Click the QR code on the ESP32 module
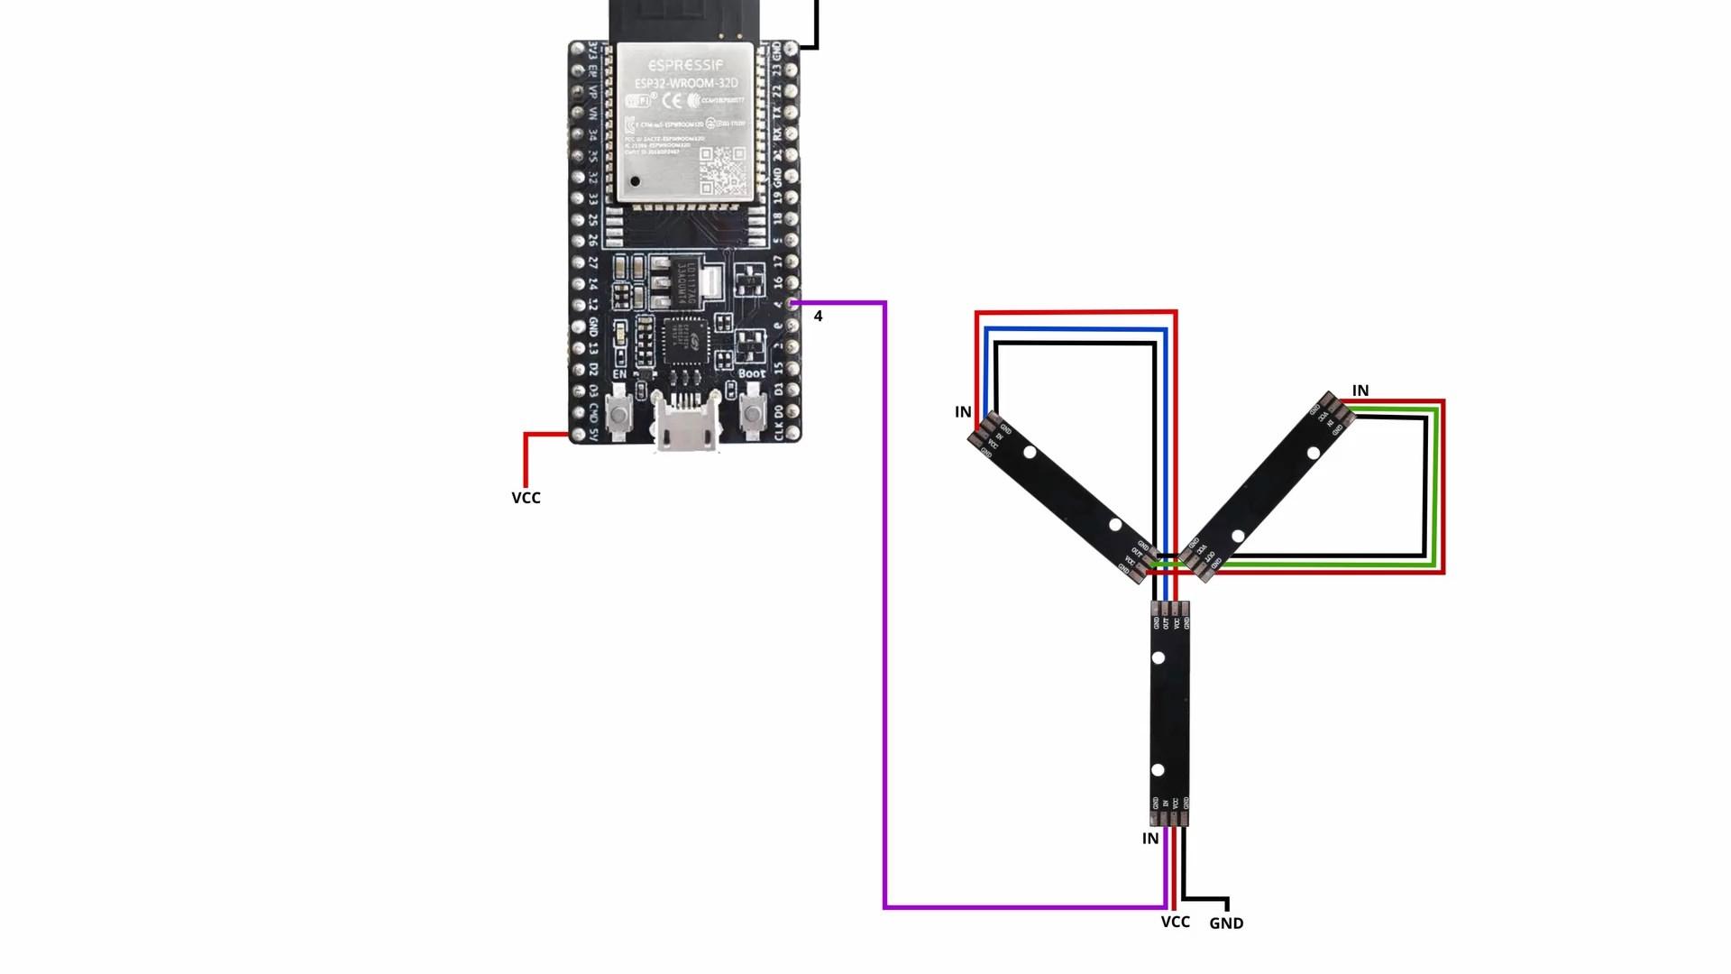722,170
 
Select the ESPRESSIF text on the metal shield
685,65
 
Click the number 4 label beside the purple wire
818,317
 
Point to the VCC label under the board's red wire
526,498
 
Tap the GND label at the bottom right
1226,923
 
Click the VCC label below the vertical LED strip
1175,922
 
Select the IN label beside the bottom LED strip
1150,839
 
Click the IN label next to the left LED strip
963,412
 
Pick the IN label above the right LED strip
1360,391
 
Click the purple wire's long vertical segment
884,604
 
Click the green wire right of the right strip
1433,487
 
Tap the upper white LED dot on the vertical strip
1159,657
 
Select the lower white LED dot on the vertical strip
1158,770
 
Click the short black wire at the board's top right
815,27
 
